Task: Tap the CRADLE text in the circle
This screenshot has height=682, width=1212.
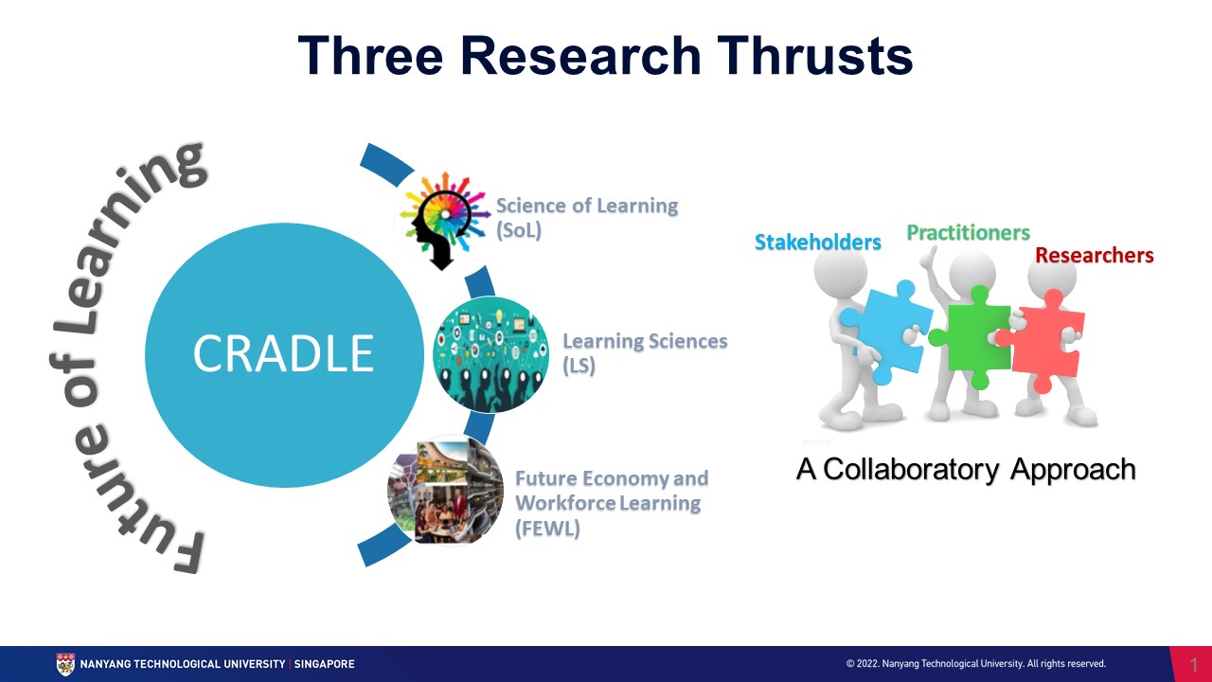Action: click(283, 352)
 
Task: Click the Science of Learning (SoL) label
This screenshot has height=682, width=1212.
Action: click(586, 217)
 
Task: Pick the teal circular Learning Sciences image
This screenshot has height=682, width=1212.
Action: click(490, 354)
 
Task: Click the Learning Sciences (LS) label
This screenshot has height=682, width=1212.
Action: click(644, 352)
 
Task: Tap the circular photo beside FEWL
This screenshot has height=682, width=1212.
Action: click(445, 491)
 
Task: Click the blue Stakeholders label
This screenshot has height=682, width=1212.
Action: click(817, 242)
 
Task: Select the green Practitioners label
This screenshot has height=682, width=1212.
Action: click(968, 232)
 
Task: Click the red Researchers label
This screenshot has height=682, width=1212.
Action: click(1094, 255)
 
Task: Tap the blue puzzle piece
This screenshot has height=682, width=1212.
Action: click(877, 327)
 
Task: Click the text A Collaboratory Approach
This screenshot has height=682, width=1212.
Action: click(965, 469)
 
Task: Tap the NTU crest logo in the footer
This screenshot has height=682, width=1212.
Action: click(65, 664)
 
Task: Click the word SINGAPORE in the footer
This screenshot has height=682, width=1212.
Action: click(324, 664)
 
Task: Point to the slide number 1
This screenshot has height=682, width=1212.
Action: click(1193, 664)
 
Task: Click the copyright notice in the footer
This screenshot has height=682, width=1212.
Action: click(975, 664)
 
